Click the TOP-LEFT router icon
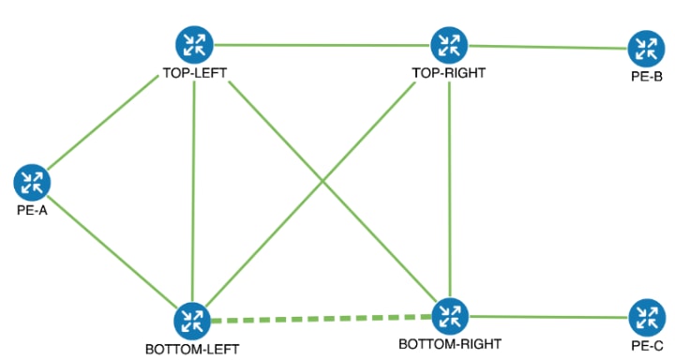[x=194, y=43]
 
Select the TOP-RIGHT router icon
[x=448, y=44]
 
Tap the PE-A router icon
[x=33, y=181]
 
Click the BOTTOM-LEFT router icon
[x=192, y=322]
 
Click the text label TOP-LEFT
[x=194, y=73]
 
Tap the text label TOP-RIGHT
[x=448, y=72]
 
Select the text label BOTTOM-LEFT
[x=192, y=350]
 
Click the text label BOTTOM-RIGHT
[x=450, y=343]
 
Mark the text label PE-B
[x=646, y=76]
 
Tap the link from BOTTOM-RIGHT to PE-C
[x=547, y=317]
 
